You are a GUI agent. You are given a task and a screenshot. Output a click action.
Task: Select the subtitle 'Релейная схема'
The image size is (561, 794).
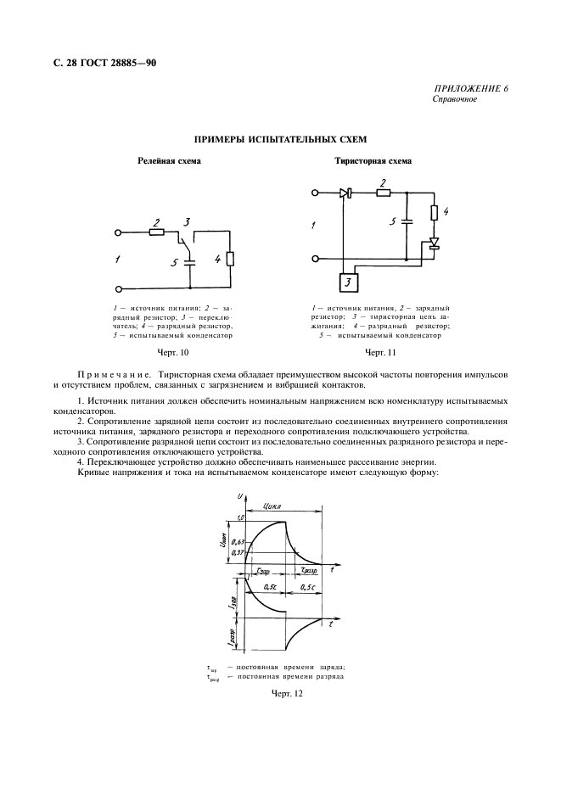tap(170, 160)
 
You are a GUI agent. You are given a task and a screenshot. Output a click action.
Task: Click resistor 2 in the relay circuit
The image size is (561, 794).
tap(156, 232)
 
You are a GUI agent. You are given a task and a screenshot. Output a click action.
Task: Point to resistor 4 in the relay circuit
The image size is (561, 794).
tap(230, 259)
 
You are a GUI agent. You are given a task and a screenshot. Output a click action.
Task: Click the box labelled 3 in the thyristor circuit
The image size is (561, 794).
tap(348, 282)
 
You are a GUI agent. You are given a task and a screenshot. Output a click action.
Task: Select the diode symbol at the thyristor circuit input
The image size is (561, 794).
tap(345, 193)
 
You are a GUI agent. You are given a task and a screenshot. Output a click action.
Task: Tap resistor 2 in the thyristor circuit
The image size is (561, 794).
tap(384, 193)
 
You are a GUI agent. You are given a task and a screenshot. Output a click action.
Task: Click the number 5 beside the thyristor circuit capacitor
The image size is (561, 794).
tap(393, 222)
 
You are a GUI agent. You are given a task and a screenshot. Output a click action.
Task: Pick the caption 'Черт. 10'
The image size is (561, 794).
tap(172, 351)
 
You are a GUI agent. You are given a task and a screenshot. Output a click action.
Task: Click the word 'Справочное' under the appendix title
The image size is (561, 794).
tap(455, 99)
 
